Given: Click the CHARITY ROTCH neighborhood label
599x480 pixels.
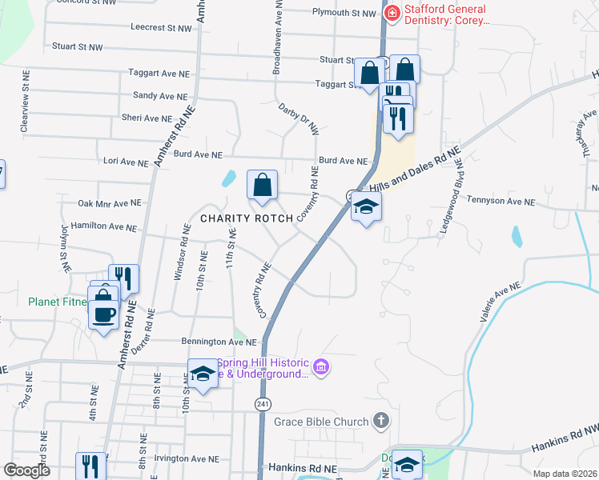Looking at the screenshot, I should (243, 218).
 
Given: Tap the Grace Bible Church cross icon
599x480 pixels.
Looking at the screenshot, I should (381, 421).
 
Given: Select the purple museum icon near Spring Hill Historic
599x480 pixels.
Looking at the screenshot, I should (321, 368).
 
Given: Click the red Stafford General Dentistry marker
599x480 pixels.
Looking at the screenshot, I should (392, 13).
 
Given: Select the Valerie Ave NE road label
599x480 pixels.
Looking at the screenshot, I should (500, 302).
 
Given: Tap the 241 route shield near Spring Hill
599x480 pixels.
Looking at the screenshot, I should (263, 405).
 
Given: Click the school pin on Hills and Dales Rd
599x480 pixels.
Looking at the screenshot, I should (366, 207).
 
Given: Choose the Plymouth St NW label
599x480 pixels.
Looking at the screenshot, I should (344, 13).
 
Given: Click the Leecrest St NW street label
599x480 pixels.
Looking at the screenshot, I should (161, 27).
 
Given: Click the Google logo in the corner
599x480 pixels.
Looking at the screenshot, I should (26, 470).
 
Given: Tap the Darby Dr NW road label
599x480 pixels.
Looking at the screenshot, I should (298, 118).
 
